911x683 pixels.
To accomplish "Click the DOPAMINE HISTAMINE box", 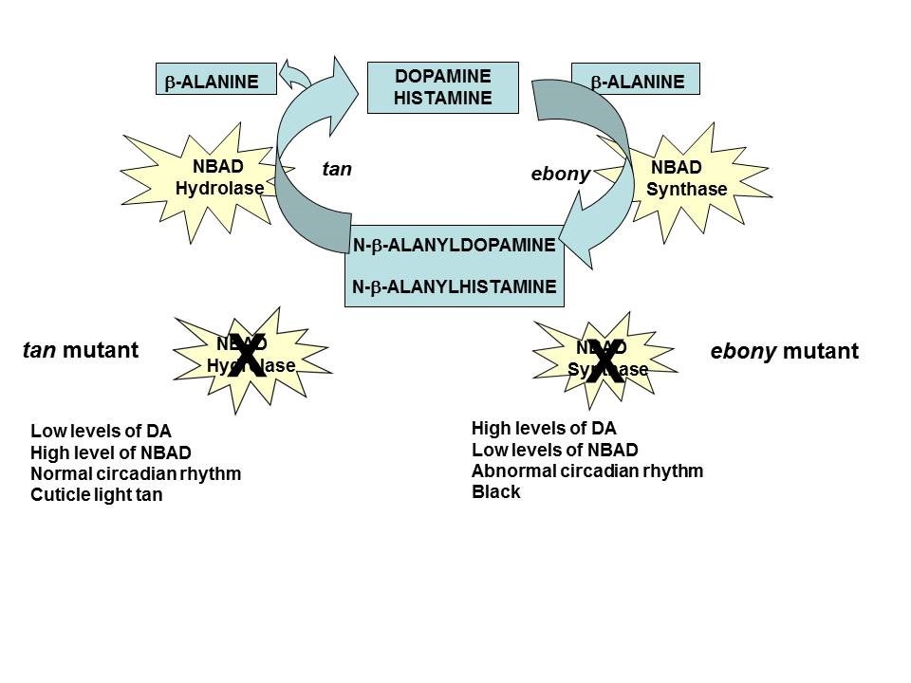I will point(443,87).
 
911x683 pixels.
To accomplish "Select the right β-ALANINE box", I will point(636,82).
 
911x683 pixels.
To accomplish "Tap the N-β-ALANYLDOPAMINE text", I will point(454,246).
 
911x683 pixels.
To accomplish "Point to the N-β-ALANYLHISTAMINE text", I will point(454,286).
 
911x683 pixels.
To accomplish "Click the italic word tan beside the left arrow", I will point(337,170).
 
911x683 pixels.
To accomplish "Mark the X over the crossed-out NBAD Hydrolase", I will point(244,356).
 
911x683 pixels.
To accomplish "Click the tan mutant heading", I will point(80,351).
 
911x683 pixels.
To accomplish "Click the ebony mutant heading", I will point(784,352).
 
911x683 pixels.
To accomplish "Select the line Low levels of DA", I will point(101,432).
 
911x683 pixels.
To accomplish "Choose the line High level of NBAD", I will point(110,452).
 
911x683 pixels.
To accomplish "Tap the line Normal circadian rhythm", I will point(136,473).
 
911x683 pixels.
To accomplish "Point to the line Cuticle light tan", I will point(96,494).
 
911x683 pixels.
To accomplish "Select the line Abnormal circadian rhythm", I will point(586,471).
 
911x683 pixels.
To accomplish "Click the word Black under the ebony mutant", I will point(495,492).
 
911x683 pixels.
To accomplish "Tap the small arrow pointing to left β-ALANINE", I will point(300,73).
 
